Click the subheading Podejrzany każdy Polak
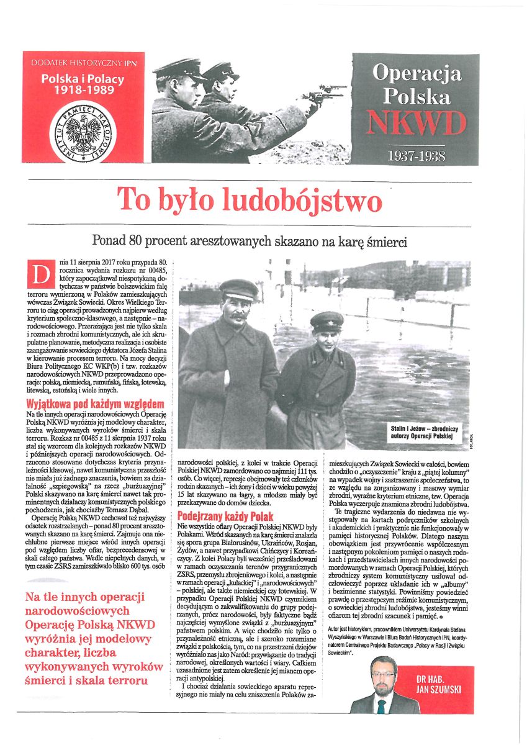coord(225,516)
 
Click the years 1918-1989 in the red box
coord(83,91)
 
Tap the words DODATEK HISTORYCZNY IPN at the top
coord(83,64)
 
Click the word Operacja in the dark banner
coord(416,73)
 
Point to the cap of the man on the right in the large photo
coord(327,320)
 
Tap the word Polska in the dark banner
coord(416,96)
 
